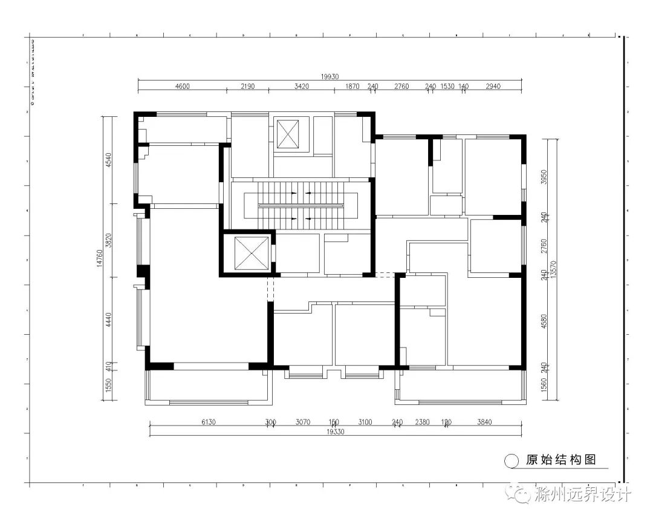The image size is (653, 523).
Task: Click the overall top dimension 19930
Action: click(x=330, y=76)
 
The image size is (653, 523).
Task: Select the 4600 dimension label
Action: click(x=182, y=87)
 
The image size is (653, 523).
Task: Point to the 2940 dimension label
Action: click(x=493, y=87)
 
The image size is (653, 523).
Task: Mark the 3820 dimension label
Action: click(x=109, y=241)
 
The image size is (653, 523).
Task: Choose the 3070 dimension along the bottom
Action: click(x=302, y=422)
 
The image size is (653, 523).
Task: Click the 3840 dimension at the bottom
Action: click(x=485, y=422)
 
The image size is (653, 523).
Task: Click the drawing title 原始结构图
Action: click(x=560, y=460)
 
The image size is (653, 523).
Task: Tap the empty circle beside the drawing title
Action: click(x=512, y=461)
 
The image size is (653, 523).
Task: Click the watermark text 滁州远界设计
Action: click(x=583, y=495)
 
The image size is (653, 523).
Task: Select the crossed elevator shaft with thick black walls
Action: click(x=247, y=253)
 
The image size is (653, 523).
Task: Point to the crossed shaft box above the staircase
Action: click(x=288, y=134)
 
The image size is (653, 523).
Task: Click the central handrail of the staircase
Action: click(x=301, y=206)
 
